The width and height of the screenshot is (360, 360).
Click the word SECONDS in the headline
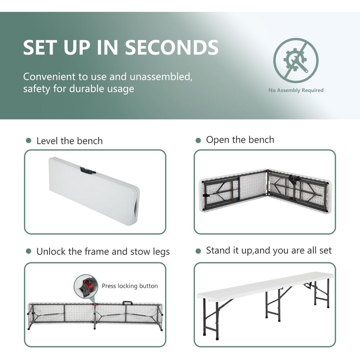tap(171, 47)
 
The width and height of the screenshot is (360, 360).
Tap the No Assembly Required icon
tap(296, 60)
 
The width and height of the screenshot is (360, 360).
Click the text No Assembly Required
tap(296, 90)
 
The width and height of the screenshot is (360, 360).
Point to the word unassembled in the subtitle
tap(161, 76)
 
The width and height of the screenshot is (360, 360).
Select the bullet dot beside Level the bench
tap(28, 140)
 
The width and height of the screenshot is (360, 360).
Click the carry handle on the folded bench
tap(87, 171)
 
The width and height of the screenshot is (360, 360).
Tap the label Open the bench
tap(240, 140)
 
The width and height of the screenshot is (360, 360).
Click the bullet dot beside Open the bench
tap(198, 140)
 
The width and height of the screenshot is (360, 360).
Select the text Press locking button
tap(130, 286)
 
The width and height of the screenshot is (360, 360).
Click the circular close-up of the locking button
tap(86, 286)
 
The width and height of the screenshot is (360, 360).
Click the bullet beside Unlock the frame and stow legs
tap(28, 251)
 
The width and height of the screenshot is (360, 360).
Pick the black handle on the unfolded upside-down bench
tap(127, 303)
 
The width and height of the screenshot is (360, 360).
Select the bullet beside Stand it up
tap(198, 251)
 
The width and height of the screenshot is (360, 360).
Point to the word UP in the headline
tap(77, 47)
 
